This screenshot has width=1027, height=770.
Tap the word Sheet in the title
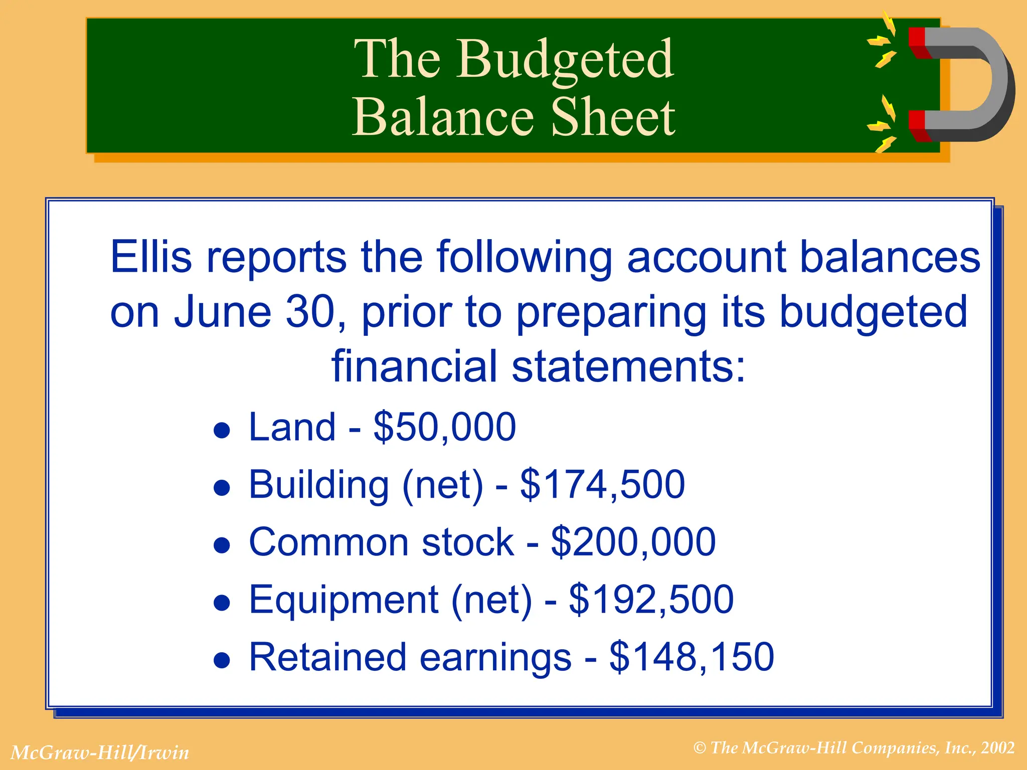613,118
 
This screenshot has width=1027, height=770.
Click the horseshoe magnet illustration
960,84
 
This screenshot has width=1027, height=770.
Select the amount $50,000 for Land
445,427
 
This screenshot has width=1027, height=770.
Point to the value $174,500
602,484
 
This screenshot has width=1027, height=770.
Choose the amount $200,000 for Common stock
633,542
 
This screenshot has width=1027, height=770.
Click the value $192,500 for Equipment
651,600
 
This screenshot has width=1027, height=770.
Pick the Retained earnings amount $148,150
692,657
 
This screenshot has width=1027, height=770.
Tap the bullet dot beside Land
222,430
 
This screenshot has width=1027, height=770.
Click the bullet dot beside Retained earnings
222,660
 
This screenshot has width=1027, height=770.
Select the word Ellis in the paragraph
151,257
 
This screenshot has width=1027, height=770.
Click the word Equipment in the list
344,600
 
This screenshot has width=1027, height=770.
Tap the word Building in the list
319,484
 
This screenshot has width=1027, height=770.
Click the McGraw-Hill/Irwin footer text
100,752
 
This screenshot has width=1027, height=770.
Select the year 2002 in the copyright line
998,748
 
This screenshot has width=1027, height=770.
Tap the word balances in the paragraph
890,257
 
